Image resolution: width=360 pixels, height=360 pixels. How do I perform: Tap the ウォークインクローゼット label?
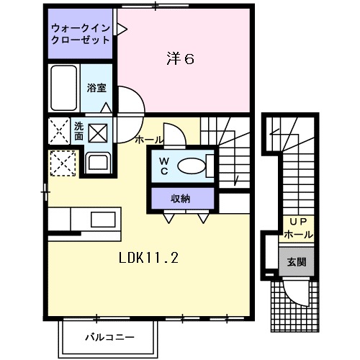80,34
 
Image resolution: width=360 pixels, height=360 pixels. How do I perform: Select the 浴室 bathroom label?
96,88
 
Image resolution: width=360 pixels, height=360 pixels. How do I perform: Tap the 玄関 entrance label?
297,261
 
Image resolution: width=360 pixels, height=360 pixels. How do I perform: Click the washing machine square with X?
98,133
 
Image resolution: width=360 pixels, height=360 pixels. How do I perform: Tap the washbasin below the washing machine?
96,161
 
